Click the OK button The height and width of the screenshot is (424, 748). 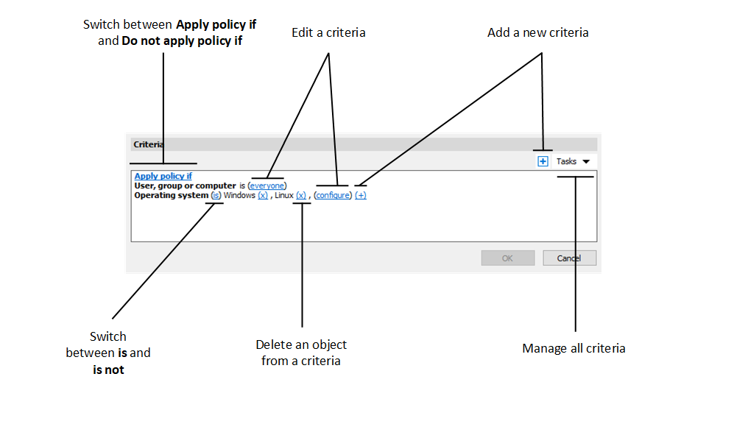click(507, 258)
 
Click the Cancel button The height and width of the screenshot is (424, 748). click(569, 258)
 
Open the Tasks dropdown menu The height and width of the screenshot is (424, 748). click(574, 161)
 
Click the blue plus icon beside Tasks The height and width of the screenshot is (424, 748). click(543, 161)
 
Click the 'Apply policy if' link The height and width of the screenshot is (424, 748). click(163, 177)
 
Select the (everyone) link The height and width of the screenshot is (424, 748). click(267, 186)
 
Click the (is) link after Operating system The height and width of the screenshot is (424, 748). click(216, 196)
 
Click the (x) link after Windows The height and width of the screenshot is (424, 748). click(263, 196)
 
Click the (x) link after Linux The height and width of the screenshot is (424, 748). click(300, 196)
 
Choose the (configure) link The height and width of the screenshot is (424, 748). click(333, 196)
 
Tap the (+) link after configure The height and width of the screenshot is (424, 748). click(361, 196)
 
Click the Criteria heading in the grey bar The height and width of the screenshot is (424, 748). click(149, 144)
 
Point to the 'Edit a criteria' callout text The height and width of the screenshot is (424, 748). click(328, 33)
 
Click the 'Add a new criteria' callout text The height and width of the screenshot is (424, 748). click(537, 33)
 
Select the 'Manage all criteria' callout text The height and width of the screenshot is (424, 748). click(574, 348)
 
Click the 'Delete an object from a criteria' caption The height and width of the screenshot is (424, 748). click(301, 353)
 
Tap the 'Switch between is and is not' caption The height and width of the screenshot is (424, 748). click(108, 353)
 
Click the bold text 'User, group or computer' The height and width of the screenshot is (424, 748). click(185, 186)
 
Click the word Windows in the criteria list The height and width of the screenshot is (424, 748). click(239, 196)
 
